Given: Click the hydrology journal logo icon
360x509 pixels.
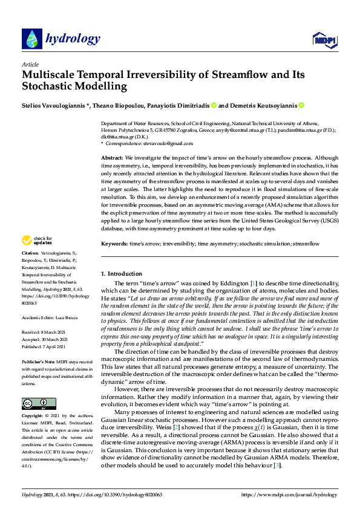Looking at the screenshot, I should (x=32, y=39).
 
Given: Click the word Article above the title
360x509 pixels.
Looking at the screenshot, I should (x=30, y=64).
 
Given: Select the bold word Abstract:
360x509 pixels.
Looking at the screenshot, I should (x=112, y=157).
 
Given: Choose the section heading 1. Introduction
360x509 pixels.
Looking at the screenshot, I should (x=121, y=274).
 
